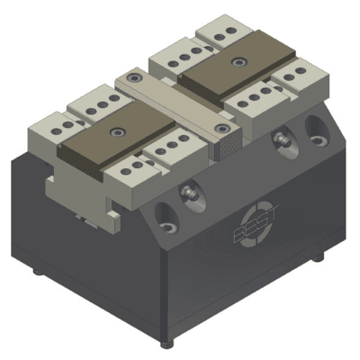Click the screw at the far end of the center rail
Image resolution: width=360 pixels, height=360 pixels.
tap(134, 78)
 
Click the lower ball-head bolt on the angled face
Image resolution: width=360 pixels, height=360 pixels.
tap(188, 193)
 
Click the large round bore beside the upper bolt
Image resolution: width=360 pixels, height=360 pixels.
tap(315, 123)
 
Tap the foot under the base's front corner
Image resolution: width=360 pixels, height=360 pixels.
tap(165, 345)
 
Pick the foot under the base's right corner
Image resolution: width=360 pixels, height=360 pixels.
tap(317, 256)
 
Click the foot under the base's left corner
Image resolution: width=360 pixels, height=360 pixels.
tap(36, 269)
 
